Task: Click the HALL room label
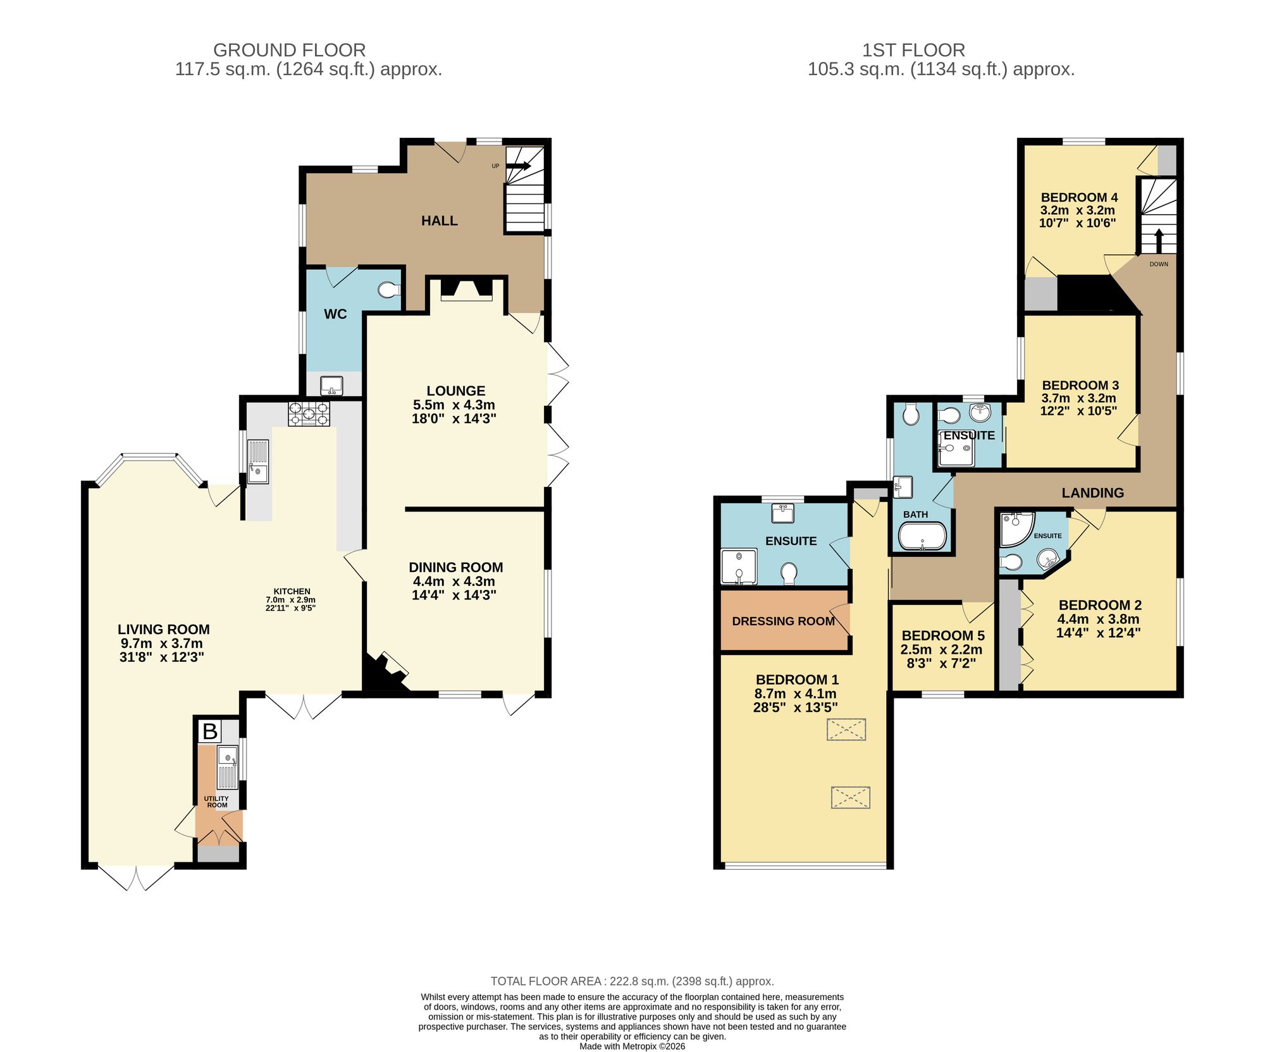440,221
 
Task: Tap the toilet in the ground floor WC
389,290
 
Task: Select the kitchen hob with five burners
309,414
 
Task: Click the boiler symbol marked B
210,731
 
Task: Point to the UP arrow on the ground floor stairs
518,166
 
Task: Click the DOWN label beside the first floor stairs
1159,264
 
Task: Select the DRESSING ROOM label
784,621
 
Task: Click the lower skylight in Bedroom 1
851,797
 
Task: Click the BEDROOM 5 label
943,635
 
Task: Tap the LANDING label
1093,493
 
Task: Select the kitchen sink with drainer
258,462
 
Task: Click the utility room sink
228,767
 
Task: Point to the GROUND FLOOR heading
289,50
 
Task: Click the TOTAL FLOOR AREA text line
632,981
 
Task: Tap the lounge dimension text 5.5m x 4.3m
454,405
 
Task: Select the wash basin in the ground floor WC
331,385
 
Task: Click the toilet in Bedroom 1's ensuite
789,574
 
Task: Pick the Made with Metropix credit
632,1046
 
